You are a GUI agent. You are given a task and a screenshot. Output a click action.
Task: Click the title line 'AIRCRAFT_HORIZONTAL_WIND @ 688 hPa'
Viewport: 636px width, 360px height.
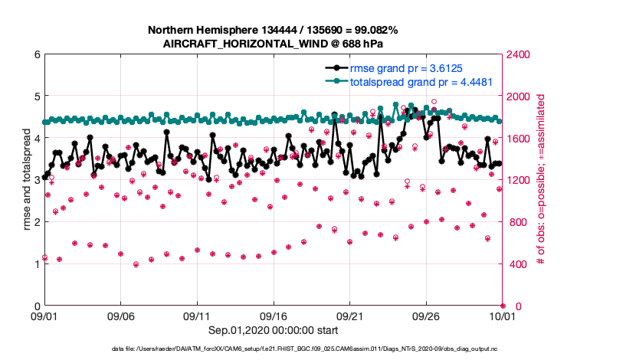click(273, 44)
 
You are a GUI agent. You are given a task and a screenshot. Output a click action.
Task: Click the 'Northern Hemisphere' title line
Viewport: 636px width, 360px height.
click(273, 30)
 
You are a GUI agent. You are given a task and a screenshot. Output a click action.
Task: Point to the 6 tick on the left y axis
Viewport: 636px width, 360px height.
click(36, 54)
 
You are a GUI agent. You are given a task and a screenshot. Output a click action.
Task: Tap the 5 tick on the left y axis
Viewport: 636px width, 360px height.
click(36, 97)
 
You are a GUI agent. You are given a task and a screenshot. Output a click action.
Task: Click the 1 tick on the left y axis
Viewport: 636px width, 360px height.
click(36, 264)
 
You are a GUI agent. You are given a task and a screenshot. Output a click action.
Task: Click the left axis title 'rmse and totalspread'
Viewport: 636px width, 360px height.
click(25, 181)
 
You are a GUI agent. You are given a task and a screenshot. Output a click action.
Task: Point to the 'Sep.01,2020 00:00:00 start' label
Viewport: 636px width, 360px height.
click(274, 331)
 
